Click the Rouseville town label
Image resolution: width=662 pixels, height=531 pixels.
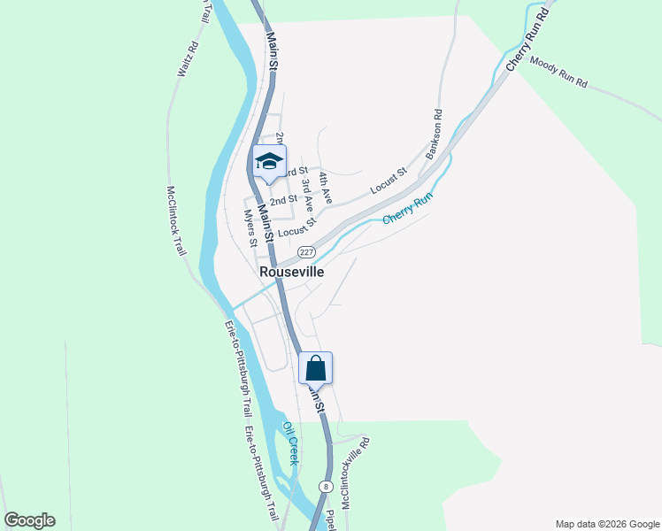pyautogui.click(x=291, y=273)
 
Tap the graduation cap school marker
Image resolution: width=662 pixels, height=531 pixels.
pyautogui.click(x=269, y=162)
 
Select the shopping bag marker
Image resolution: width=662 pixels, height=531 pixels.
pyautogui.click(x=316, y=368)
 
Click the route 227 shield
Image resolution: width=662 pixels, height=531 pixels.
pyautogui.click(x=306, y=251)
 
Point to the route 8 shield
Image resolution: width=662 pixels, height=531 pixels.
pyautogui.click(x=327, y=487)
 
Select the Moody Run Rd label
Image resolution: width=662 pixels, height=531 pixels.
pyautogui.click(x=558, y=73)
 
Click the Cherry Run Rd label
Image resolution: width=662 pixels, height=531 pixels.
pyautogui.click(x=527, y=41)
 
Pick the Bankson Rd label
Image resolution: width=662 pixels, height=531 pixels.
pyautogui.click(x=434, y=134)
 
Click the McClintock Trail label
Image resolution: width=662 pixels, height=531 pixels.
pyautogui.click(x=176, y=220)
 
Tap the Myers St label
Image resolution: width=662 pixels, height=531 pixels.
pyautogui.click(x=251, y=228)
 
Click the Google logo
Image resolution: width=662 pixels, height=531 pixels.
pyautogui.click(x=29, y=520)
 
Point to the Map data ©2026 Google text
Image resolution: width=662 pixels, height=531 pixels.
pyautogui.click(x=607, y=524)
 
